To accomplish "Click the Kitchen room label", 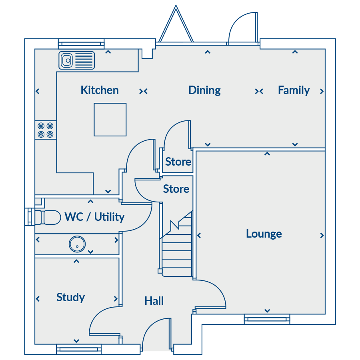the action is (100, 90).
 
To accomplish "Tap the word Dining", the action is (204, 90).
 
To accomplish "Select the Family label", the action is (294, 90).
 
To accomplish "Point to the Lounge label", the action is (264, 234).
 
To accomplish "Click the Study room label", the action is (71, 298).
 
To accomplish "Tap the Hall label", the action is (154, 301).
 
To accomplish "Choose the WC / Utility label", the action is (94, 217).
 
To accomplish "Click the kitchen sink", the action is (77, 60).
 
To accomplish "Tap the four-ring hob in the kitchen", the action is (46, 130).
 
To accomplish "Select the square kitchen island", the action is (110, 120).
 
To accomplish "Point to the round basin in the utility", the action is (77, 244).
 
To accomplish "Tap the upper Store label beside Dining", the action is (178, 162).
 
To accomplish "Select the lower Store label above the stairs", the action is (176, 189).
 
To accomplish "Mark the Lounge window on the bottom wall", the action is (267, 319).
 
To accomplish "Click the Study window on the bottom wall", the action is (79, 349).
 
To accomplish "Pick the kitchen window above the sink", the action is (81, 44).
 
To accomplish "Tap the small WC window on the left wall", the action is (30, 217).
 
